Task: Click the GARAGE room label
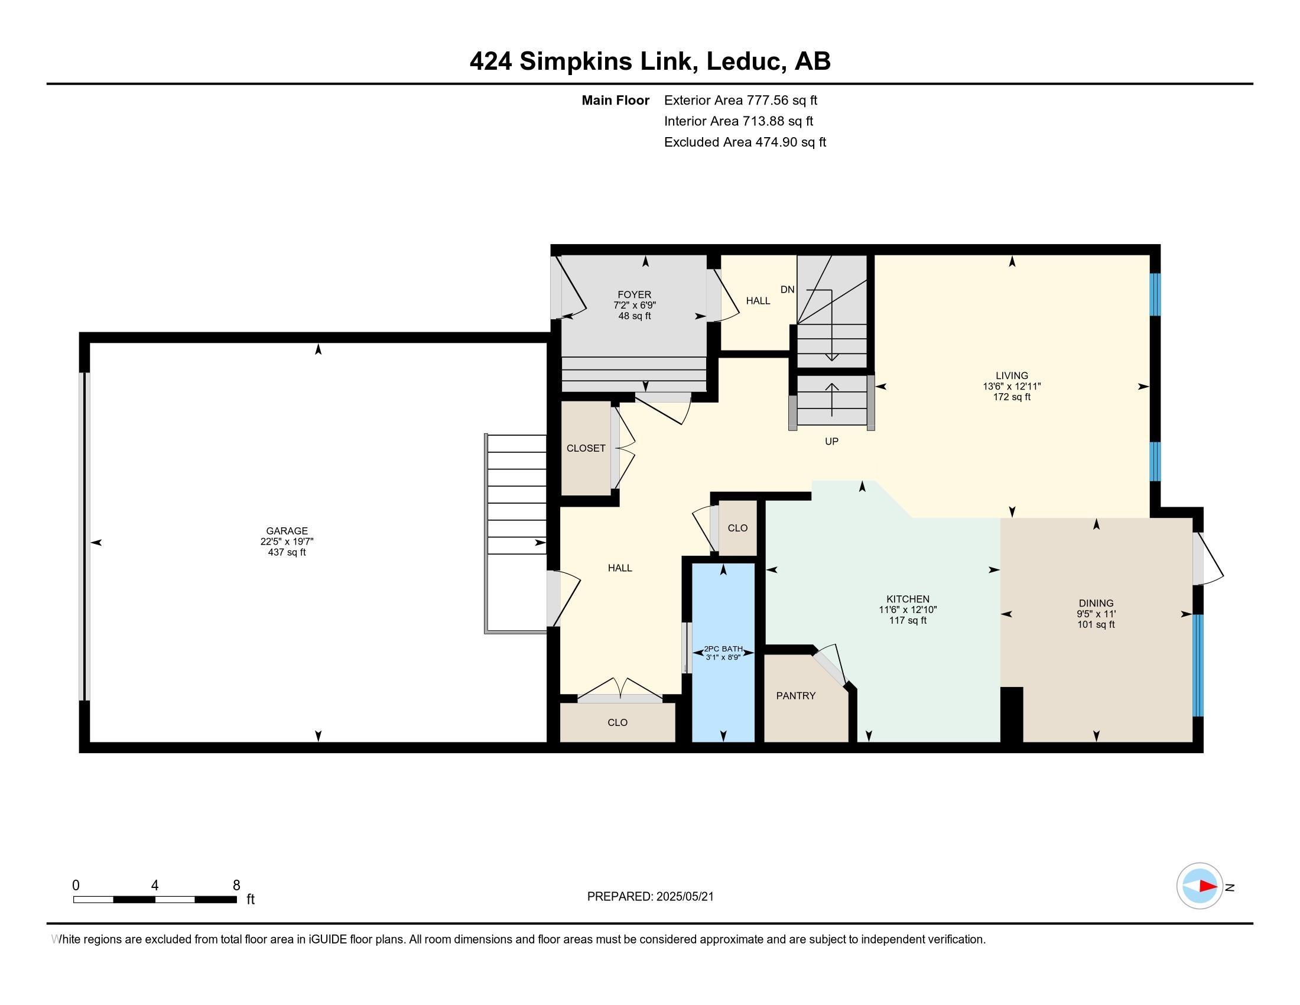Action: [287, 531]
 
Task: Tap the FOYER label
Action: [635, 295]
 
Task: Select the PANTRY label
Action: [796, 696]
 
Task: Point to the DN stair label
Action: [788, 290]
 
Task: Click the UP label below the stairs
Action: [831, 442]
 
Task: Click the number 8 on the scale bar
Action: [236, 886]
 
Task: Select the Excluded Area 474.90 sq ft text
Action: [745, 142]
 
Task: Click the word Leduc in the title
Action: [744, 61]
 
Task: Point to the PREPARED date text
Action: [650, 897]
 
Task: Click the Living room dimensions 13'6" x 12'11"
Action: [1012, 387]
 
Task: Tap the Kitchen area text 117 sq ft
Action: [908, 620]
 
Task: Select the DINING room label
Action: [1096, 603]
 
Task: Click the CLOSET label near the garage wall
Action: [586, 448]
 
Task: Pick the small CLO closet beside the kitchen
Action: [737, 528]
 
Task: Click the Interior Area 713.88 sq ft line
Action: [739, 121]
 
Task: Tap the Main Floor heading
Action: [616, 100]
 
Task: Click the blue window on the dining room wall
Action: [1198, 665]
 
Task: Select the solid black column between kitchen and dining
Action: [1012, 715]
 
